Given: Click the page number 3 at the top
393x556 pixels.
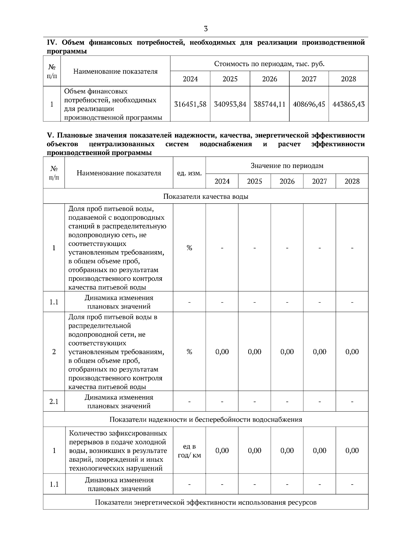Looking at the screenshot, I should click(206, 29).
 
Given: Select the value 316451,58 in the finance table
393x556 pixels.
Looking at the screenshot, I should click(190, 104).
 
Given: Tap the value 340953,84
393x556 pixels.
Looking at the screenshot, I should click(230, 104).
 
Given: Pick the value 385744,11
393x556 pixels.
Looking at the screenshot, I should click(270, 104).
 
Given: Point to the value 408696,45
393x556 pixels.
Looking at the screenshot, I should click(309, 104).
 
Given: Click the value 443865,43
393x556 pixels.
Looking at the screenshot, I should click(348, 104).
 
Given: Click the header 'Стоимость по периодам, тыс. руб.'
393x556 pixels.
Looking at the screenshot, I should click(269, 64).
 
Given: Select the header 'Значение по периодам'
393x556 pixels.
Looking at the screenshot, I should click(287, 166).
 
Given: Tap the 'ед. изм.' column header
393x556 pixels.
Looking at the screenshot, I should click(189, 173).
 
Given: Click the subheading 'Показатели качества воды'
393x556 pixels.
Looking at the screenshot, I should click(206, 196).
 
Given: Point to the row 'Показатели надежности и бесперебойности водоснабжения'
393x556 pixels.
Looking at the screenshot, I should click(206, 419).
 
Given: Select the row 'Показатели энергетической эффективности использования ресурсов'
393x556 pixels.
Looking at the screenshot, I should click(206, 502).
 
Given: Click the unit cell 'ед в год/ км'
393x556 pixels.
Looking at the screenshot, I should click(189, 451).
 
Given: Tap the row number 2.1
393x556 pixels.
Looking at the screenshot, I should click(54, 401).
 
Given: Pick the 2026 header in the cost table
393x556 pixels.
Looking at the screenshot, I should click(270, 79).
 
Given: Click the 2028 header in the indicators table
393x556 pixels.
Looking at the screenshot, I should click(352, 181).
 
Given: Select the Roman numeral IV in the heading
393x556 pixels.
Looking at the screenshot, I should click(52, 43).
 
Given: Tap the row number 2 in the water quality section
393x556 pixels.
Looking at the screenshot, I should click(54, 352).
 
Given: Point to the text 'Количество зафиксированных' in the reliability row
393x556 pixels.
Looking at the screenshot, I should click(118, 433).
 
